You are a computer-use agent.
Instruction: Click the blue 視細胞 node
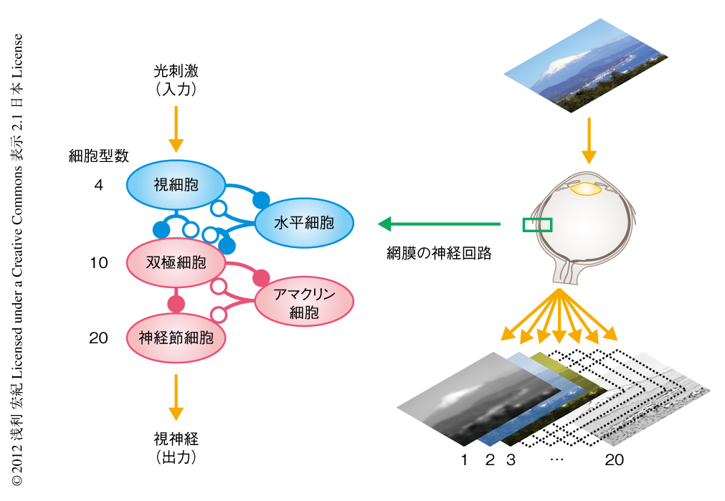point(176,185)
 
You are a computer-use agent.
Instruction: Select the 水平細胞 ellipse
point(304,222)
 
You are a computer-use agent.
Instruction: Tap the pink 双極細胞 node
point(176,262)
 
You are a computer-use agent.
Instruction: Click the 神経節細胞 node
point(176,338)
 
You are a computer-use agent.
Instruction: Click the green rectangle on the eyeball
point(537,224)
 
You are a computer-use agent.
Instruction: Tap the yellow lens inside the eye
point(586,189)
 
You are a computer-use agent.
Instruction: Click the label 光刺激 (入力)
point(176,80)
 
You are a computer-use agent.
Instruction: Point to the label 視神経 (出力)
point(176,446)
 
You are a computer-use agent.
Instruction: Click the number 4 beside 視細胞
point(98,185)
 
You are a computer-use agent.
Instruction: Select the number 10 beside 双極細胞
point(99,263)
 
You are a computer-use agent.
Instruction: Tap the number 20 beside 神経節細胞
point(99,338)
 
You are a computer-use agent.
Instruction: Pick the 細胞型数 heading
point(98,156)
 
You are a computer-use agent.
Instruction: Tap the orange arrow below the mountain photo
point(588,139)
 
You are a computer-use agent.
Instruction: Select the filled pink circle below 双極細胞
point(176,303)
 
